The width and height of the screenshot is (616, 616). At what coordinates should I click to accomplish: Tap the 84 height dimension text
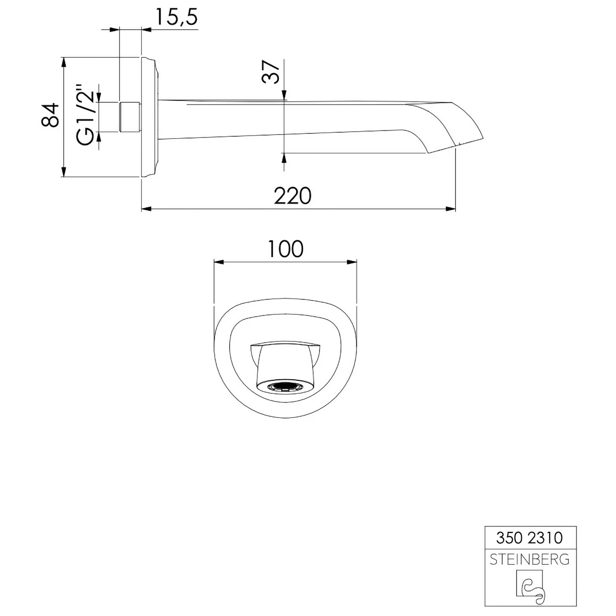(x=51, y=115)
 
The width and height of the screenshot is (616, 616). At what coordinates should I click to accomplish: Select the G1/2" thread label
(x=85, y=115)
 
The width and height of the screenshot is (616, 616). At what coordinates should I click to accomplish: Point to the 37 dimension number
(x=271, y=71)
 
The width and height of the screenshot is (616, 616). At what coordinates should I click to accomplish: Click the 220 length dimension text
(x=292, y=196)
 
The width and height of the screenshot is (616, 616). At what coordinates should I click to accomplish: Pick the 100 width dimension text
(x=285, y=249)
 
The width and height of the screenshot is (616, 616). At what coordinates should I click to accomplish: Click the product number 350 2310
(x=529, y=538)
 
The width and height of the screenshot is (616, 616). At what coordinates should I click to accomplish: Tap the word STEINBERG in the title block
(x=530, y=559)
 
